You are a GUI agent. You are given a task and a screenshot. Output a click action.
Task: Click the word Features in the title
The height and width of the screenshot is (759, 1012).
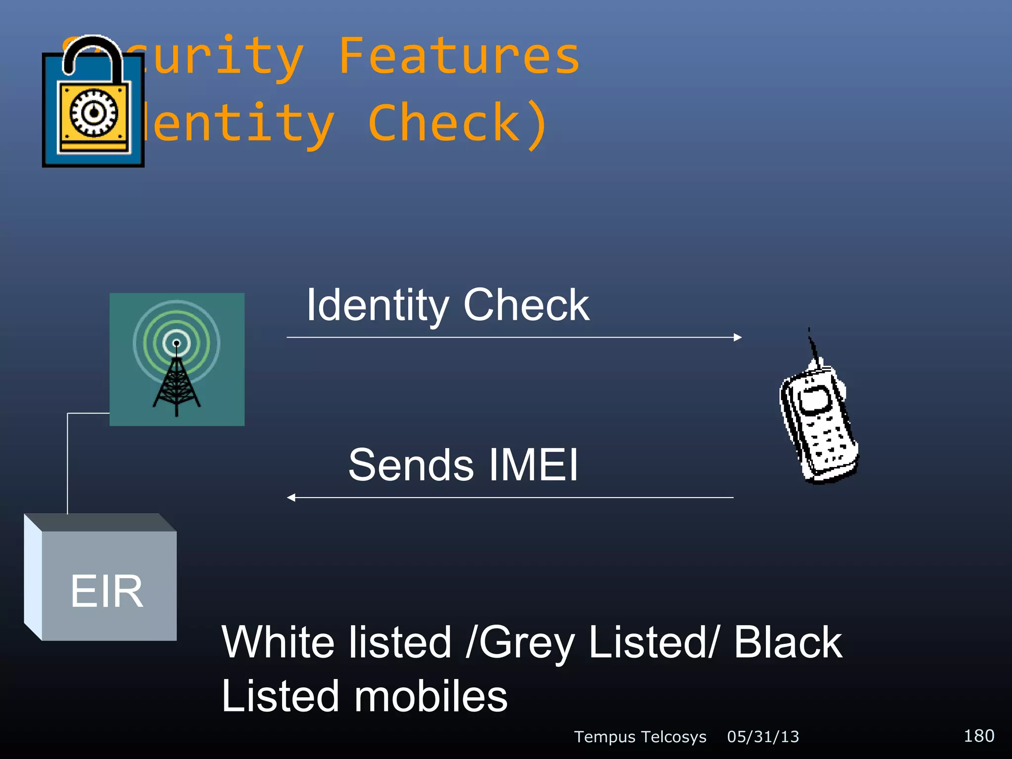pos(459,57)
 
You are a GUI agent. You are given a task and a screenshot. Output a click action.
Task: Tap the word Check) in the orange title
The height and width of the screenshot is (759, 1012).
pos(458,124)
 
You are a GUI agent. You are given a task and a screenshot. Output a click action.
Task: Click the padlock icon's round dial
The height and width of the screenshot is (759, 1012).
pos(94,113)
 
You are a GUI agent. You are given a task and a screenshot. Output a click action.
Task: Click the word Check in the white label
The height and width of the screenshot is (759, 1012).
pos(526,305)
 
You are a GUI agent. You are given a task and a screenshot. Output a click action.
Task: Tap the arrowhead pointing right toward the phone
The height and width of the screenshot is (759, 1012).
pos(738,337)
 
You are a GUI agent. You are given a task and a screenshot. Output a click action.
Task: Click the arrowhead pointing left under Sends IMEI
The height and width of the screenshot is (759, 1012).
pos(292,498)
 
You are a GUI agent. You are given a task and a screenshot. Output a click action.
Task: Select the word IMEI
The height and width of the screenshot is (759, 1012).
pos(533,465)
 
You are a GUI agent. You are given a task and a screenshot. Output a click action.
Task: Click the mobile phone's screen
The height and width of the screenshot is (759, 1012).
pos(815,399)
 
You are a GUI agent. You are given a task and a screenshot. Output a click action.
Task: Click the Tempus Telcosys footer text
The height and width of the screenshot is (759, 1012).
pos(640,737)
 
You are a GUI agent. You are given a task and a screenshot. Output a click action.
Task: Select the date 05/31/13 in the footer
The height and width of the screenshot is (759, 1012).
pos(763,737)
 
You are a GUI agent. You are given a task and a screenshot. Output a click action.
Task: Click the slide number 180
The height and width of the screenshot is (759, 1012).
pos(979,736)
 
